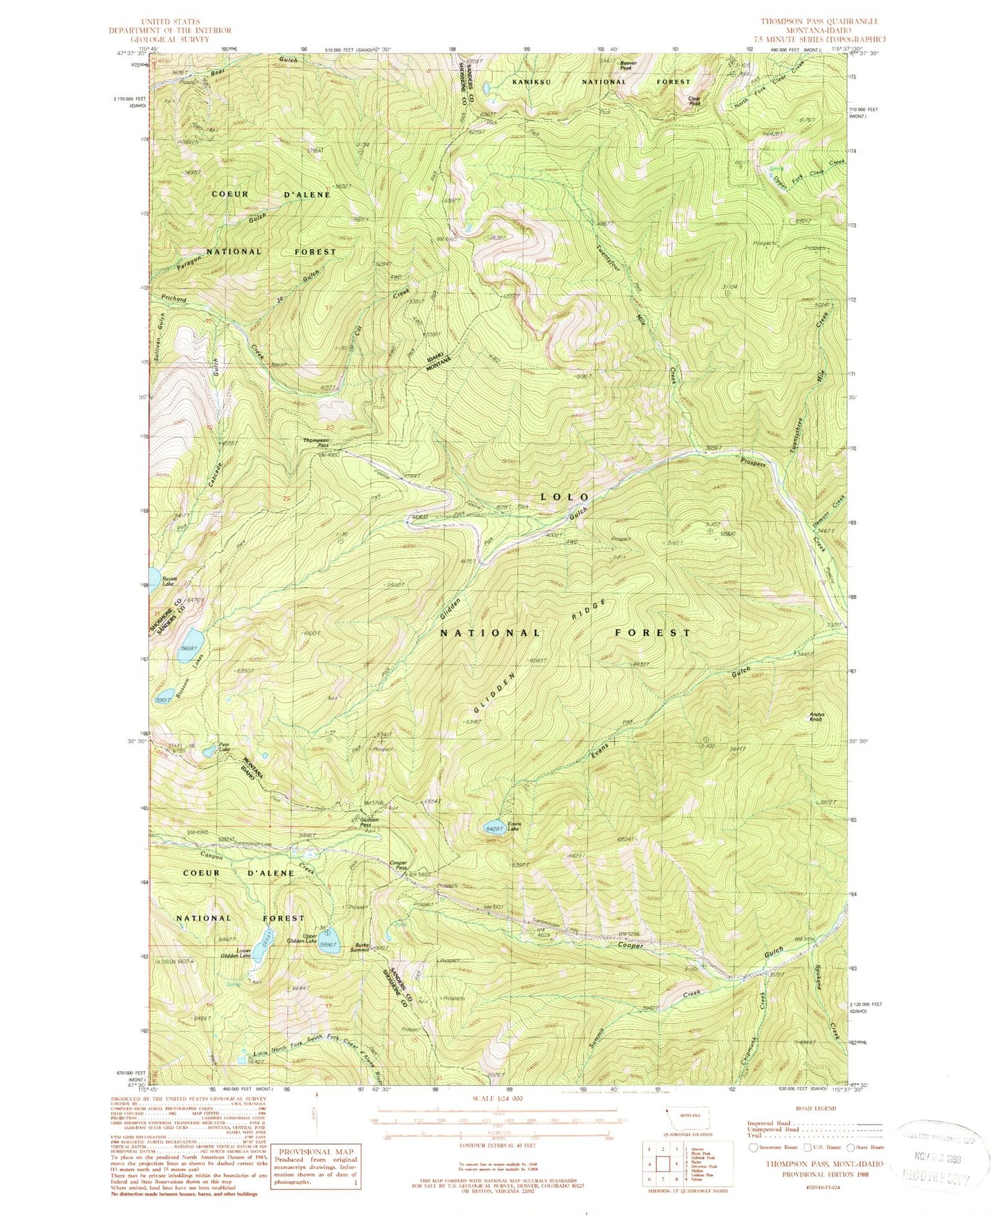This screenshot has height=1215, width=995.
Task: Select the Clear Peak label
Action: (695, 101)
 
